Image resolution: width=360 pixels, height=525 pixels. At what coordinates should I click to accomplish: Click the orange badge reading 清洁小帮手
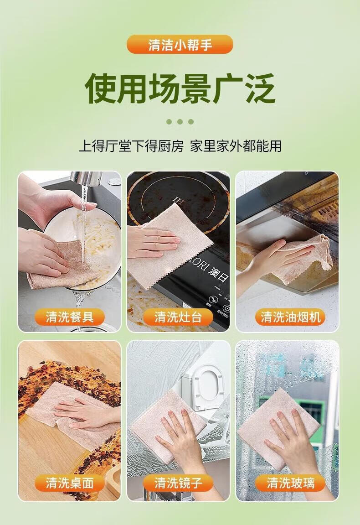(x=180, y=44)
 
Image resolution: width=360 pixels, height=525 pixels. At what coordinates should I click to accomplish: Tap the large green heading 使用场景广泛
(x=180, y=89)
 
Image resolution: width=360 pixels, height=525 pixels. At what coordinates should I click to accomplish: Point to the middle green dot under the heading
(x=180, y=121)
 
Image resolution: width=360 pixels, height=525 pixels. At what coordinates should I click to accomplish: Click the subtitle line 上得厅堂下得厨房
(x=131, y=146)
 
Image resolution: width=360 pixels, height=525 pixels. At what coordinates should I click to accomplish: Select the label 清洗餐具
(x=70, y=317)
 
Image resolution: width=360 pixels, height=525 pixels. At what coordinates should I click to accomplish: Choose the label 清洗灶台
(x=178, y=317)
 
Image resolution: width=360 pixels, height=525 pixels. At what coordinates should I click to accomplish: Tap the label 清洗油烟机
(x=290, y=317)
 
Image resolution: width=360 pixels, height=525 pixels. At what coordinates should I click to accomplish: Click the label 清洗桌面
(x=70, y=483)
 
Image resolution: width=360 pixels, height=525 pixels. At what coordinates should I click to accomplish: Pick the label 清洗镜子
(x=178, y=483)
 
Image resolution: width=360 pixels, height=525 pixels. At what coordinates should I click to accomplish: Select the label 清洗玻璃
(x=290, y=483)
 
